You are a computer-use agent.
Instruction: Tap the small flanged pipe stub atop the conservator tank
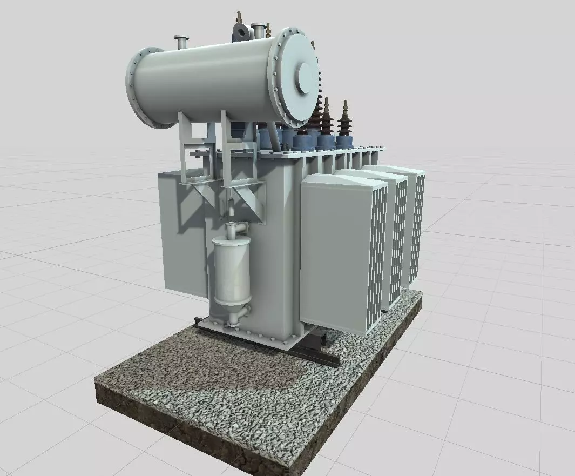180,41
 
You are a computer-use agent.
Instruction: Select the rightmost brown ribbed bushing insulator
343,120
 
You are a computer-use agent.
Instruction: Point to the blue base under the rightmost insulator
344,141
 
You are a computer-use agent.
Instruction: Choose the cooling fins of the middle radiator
400,243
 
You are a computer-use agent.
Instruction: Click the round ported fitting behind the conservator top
240,32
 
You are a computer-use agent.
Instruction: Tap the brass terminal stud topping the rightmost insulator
344,104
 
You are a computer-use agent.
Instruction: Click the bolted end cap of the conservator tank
296,76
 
